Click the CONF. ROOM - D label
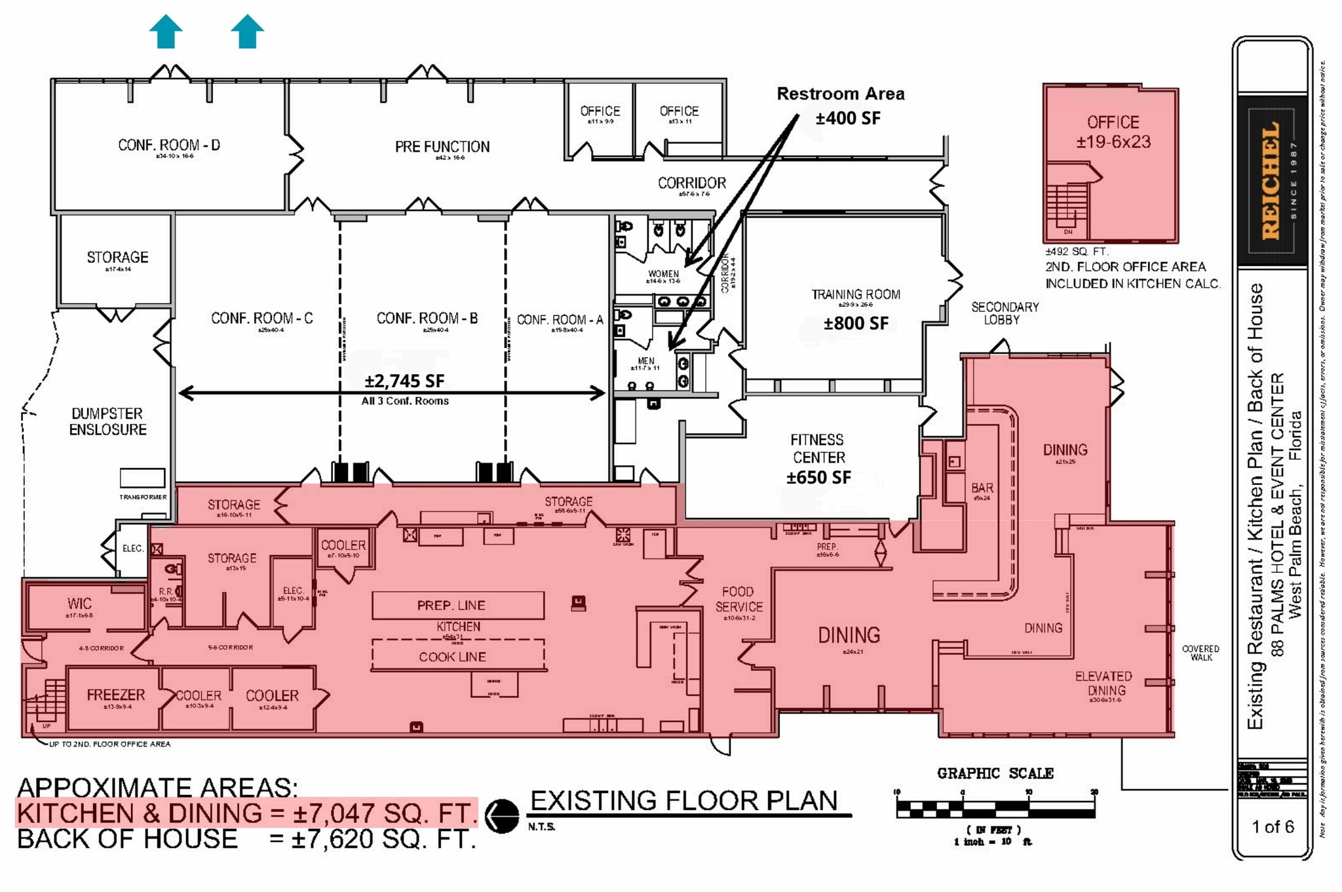pyautogui.click(x=169, y=145)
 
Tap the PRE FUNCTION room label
pyautogui.click(x=442, y=147)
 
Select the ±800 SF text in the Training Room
pyautogui.click(x=856, y=324)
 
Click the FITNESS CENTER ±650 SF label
pyautogui.click(x=818, y=458)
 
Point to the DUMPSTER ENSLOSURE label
pyautogui.click(x=108, y=421)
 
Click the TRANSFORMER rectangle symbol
pyautogui.click(x=142, y=478)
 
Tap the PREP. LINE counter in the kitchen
pyautogui.click(x=457, y=605)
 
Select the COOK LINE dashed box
pyautogui.click(x=457, y=655)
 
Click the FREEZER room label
pyautogui.click(x=115, y=695)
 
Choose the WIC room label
pyautogui.click(x=79, y=604)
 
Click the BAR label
pyautogui.click(x=982, y=488)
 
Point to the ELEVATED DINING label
pyautogui.click(x=1105, y=683)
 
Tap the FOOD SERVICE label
pyautogui.click(x=738, y=599)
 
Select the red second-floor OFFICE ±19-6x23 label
pyautogui.click(x=1113, y=132)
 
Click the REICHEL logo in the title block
pyautogui.click(x=1271, y=180)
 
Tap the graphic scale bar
pyautogui.click(x=995, y=809)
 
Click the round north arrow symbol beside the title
pyautogui.click(x=502, y=815)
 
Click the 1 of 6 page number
pyautogui.click(x=1272, y=826)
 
